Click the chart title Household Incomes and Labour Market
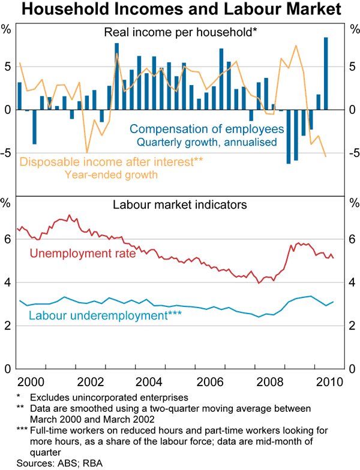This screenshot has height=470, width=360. pos(180,10)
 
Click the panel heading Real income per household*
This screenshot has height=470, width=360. pos(180,33)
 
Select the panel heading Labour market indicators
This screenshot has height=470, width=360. pos(180,204)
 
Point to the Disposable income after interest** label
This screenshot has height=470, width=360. pos(110,162)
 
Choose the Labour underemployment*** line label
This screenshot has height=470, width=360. pos(105,315)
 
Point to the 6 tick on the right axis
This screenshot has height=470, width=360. pos(353,239)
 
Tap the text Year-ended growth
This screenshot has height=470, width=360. pos(110,175)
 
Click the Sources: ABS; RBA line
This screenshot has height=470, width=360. pos(53,463)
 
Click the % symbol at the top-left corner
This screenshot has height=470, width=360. pos(7,28)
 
